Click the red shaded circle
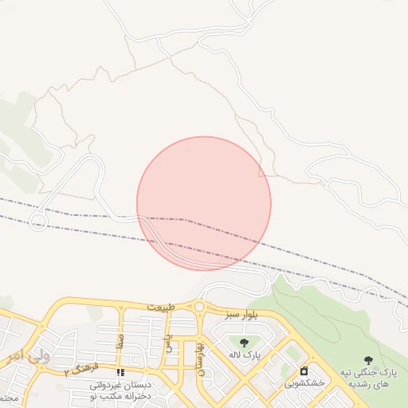204,203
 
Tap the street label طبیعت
159,307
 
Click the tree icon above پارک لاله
243,343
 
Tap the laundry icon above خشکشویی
304,371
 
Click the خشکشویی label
305,383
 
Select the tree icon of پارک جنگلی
367,361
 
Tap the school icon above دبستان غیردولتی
121,372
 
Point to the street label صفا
120,343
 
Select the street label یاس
168,343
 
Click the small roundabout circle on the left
37,222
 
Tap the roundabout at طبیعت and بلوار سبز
198,307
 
